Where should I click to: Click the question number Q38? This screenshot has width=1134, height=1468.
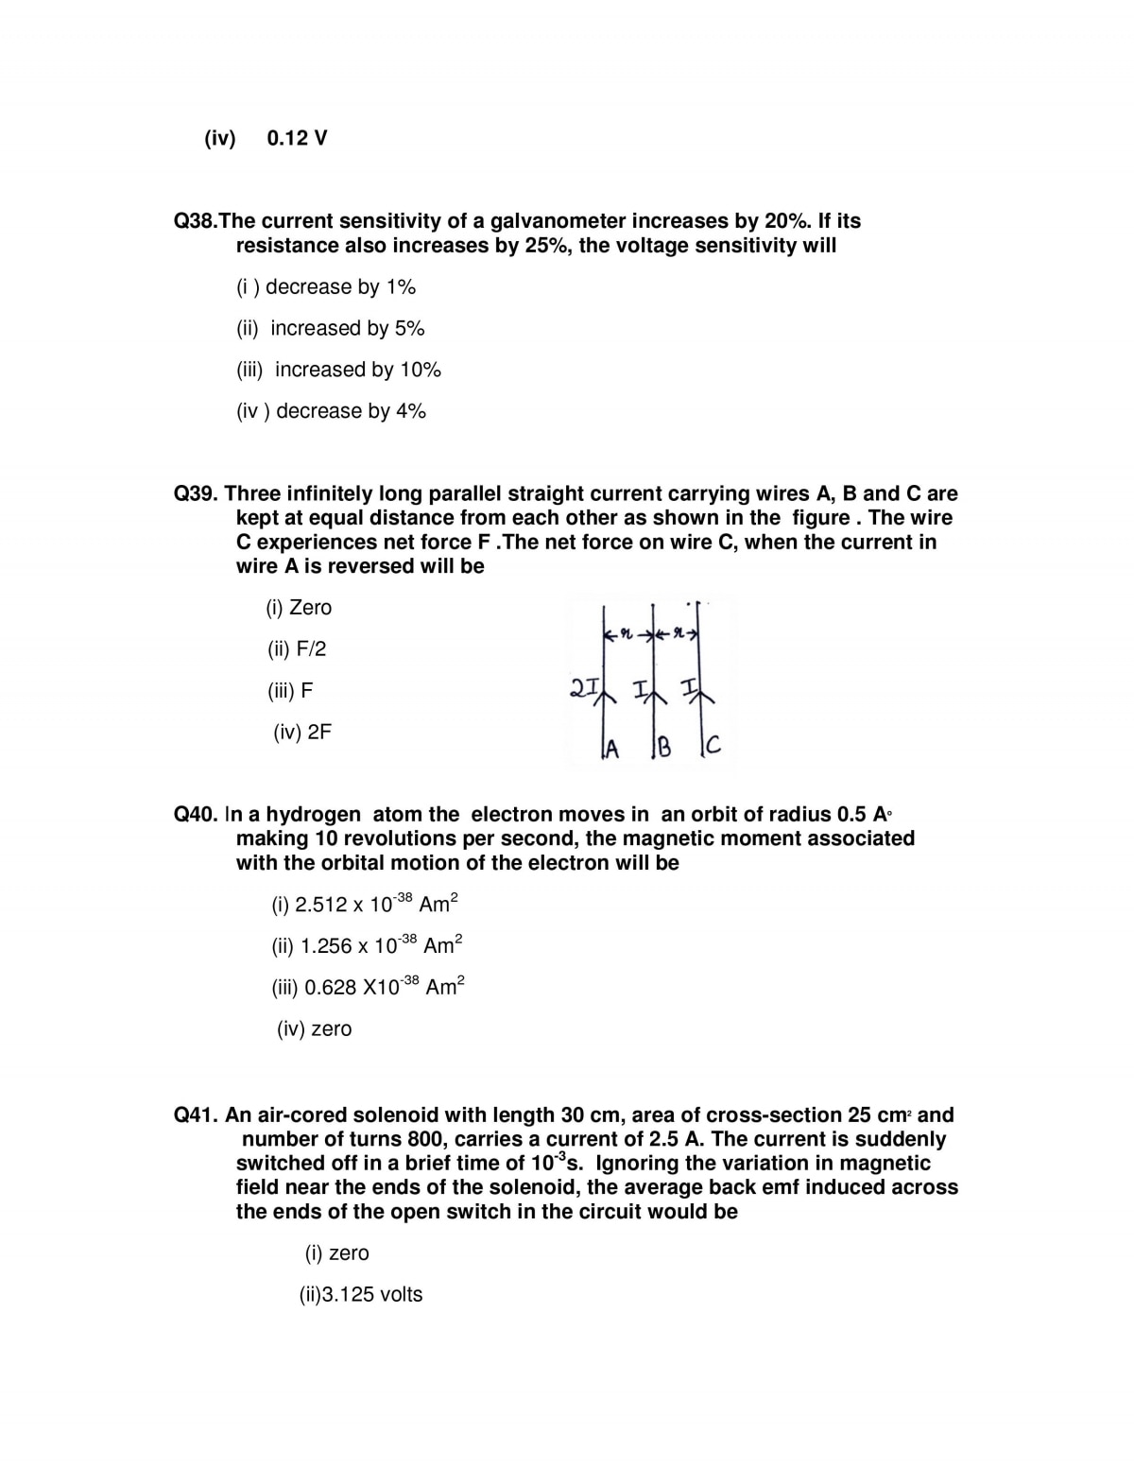coord(196,221)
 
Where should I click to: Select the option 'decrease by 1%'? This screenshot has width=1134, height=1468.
coord(326,287)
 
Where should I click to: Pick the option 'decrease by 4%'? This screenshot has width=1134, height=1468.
coord(332,411)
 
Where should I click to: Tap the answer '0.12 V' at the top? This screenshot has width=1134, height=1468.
coord(297,138)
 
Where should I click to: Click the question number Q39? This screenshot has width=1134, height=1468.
coord(197,493)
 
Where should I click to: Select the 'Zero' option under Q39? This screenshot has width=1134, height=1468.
coord(299,608)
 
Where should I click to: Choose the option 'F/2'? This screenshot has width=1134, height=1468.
coord(297,649)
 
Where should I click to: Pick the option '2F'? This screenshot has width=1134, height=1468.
coord(302,733)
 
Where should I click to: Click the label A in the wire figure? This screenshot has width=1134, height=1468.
coord(611,750)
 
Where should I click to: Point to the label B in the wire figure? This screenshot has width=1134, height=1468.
coord(663,750)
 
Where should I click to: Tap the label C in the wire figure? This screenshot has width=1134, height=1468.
coord(713,748)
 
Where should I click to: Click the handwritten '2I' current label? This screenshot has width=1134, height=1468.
coord(582,687)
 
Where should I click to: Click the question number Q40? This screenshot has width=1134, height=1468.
coord(197,815)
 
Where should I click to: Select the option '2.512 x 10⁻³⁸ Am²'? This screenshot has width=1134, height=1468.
coord(365,904)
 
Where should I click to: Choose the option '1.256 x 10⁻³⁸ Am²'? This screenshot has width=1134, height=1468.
coord(367,945)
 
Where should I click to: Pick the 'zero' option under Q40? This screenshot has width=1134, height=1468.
coord(315,1028)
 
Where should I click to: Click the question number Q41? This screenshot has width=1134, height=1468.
coord(197,1115)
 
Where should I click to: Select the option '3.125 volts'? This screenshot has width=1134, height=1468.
coord(361,1295)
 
